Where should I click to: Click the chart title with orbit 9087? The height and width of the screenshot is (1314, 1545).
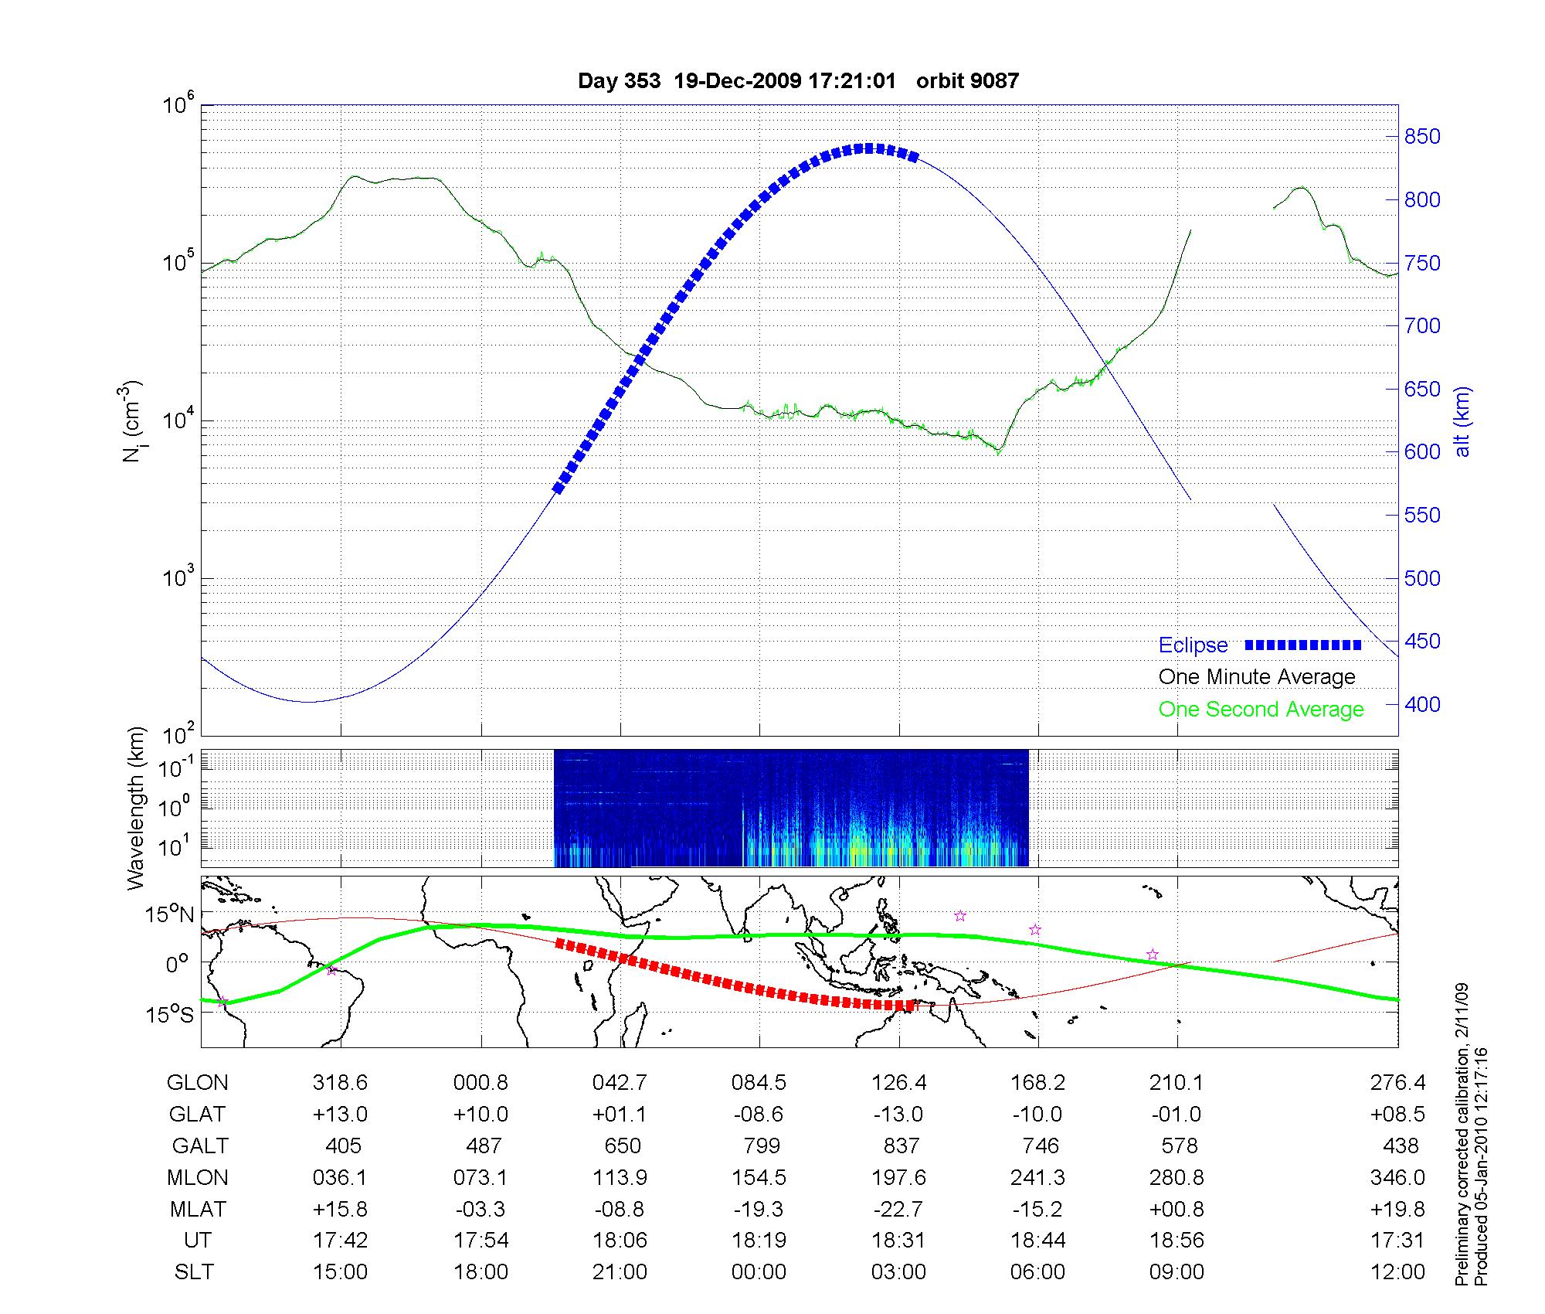click(x=798, y=80)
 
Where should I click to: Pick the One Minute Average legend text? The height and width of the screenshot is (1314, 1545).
click(x=1257, y=677)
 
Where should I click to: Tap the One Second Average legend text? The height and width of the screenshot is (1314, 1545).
click(x=1261, y=710)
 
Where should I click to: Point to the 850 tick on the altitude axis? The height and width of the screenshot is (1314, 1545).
click(x=1422, y=137)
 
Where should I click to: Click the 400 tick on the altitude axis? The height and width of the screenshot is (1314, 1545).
click(x=1422, y=704)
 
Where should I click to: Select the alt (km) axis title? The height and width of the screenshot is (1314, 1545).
click(x=1463, y=421)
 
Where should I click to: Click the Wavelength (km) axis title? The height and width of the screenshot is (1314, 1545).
click(x=137, y=808)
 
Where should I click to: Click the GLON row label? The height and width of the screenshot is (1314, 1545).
click(x=197, y=1083)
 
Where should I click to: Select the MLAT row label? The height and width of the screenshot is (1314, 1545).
click(x=197, y=1209)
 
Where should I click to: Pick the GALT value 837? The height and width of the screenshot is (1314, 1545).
click(x=900, y=1145)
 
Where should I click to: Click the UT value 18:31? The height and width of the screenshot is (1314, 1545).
click(x=898, y=1241)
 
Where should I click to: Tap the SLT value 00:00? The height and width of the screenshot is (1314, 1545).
click(x=759, y=1272)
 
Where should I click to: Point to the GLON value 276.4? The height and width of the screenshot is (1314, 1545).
click(x=1397, y=1083)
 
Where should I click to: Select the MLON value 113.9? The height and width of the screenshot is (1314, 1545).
click(x=620, y=1177)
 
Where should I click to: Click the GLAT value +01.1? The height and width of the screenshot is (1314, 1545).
click(x=620, y=1114)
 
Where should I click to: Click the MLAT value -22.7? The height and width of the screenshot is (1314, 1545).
click(x=898, y=1209)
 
